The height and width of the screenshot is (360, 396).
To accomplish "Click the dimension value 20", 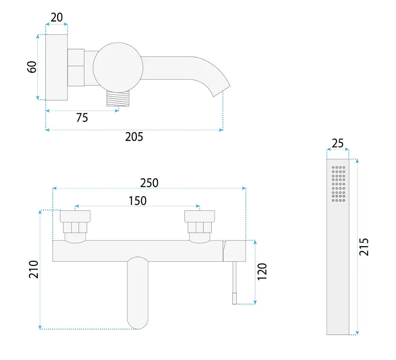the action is click(57, 17).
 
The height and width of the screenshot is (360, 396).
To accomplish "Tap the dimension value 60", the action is click(32, 67).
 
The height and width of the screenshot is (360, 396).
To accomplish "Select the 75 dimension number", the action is click(82, 118).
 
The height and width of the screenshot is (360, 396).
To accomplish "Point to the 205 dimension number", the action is click(134, 137).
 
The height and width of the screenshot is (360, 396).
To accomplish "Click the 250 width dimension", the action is click(149, 183).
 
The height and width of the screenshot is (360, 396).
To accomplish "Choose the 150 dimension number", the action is click(138, 201).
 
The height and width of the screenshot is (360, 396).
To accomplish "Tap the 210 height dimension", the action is click(33, 269).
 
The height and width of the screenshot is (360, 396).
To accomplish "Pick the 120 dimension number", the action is click(262, 272).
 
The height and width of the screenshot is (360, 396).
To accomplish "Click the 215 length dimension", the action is click(364, 247).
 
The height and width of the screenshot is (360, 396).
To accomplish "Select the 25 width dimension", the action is click(338, 143).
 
